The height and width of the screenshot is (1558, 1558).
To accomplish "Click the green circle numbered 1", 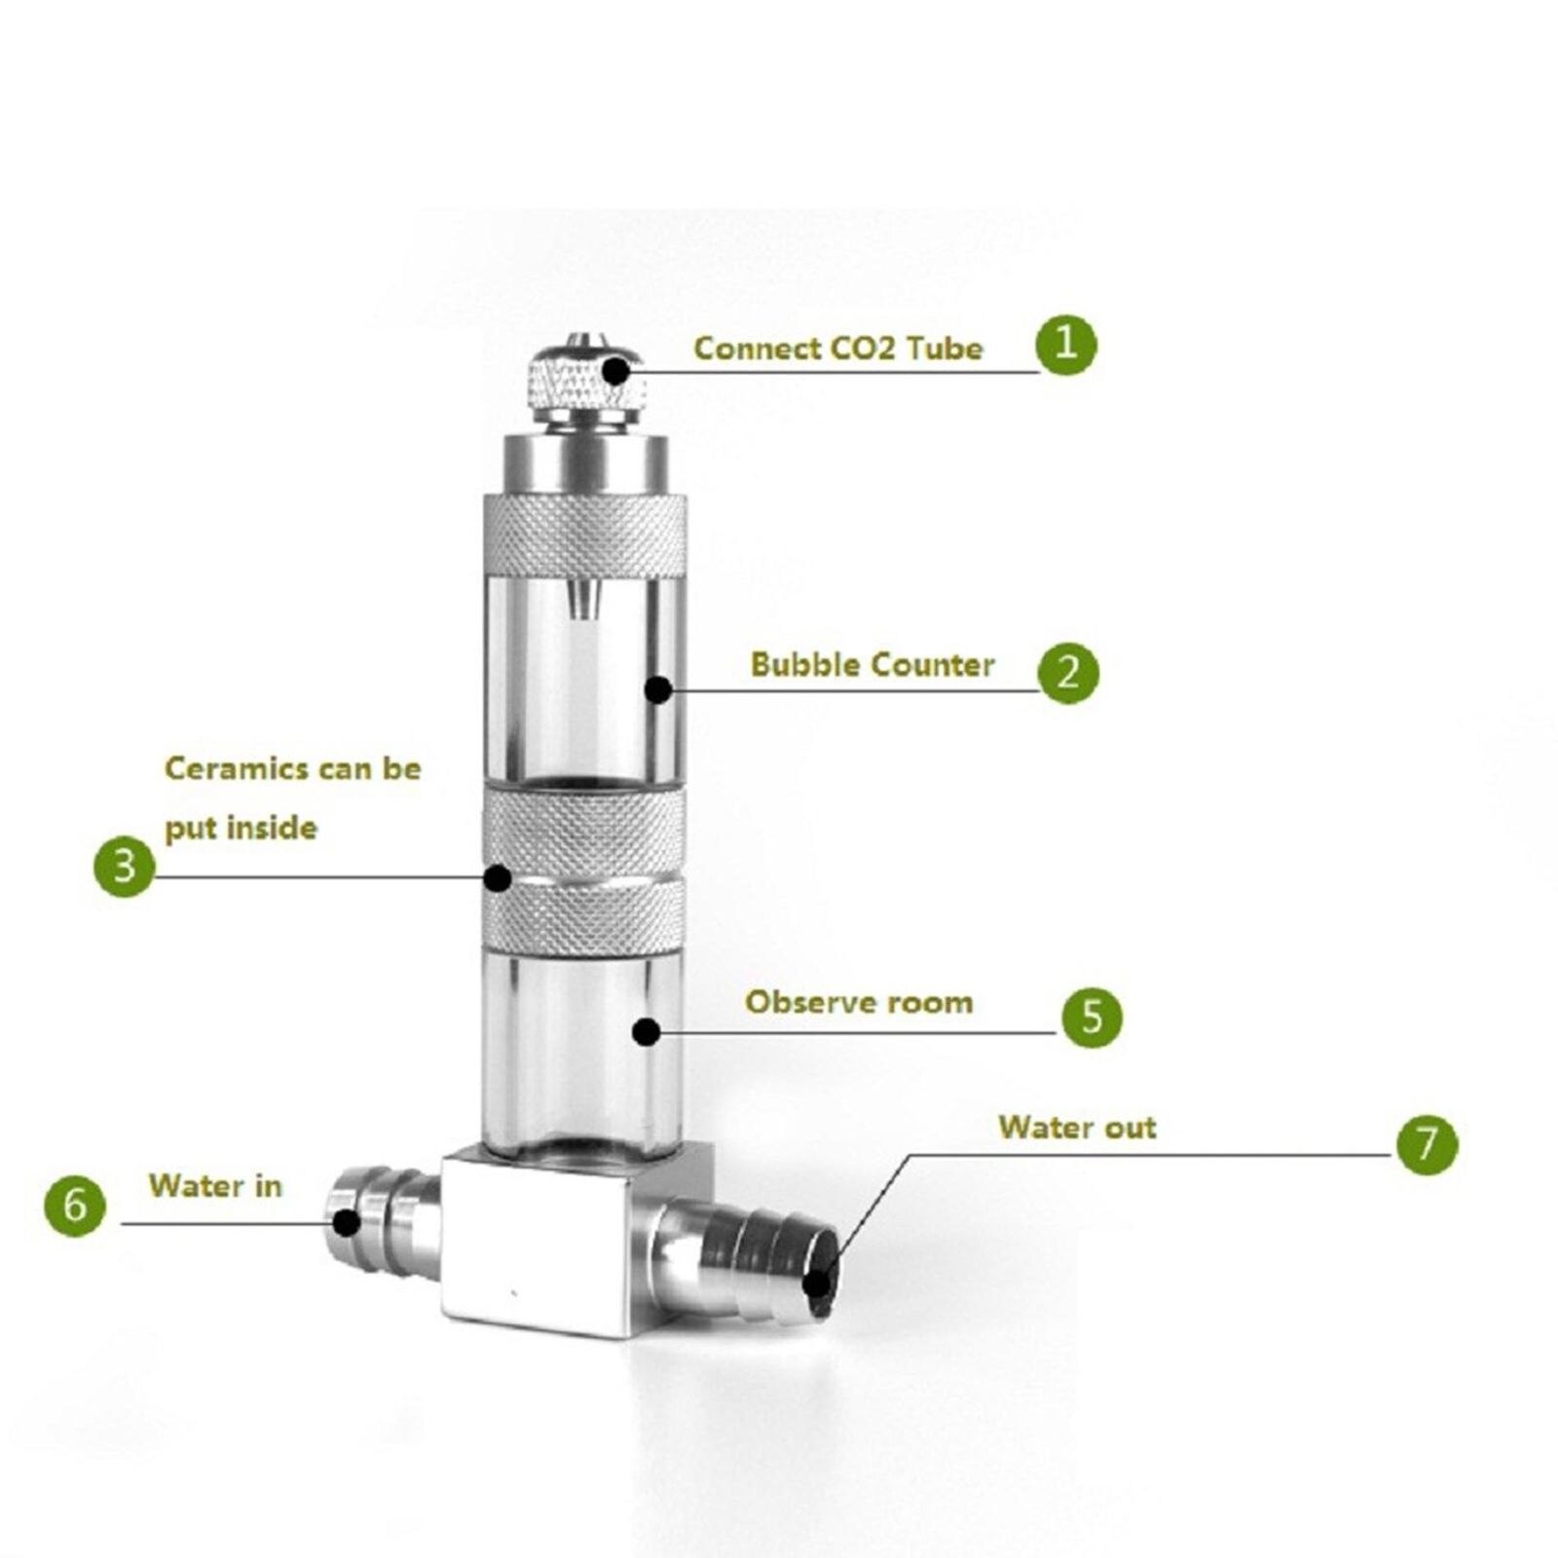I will [1065, 344].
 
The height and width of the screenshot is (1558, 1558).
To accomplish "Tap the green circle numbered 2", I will [1067, 672].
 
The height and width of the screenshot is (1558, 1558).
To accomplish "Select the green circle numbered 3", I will [124, 866].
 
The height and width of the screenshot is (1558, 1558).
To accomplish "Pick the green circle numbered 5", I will [1092, 1018].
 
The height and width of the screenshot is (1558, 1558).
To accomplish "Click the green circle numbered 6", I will [75, 1206].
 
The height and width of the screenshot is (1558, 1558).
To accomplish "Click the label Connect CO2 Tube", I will [837, 349].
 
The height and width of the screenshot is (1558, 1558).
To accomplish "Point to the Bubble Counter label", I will [872, 665].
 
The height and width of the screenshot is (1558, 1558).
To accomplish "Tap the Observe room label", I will [859, 1002].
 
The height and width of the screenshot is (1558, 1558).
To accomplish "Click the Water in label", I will [215, 1186].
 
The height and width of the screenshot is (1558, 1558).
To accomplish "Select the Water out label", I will [1077, 1128].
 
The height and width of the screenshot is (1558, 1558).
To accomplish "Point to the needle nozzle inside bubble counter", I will [580, 599].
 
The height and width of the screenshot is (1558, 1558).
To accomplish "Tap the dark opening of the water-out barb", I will [818, 1282].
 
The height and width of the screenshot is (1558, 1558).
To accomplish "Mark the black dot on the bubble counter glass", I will [658, 689].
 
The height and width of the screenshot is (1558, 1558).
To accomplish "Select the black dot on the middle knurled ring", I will [498, 877].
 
